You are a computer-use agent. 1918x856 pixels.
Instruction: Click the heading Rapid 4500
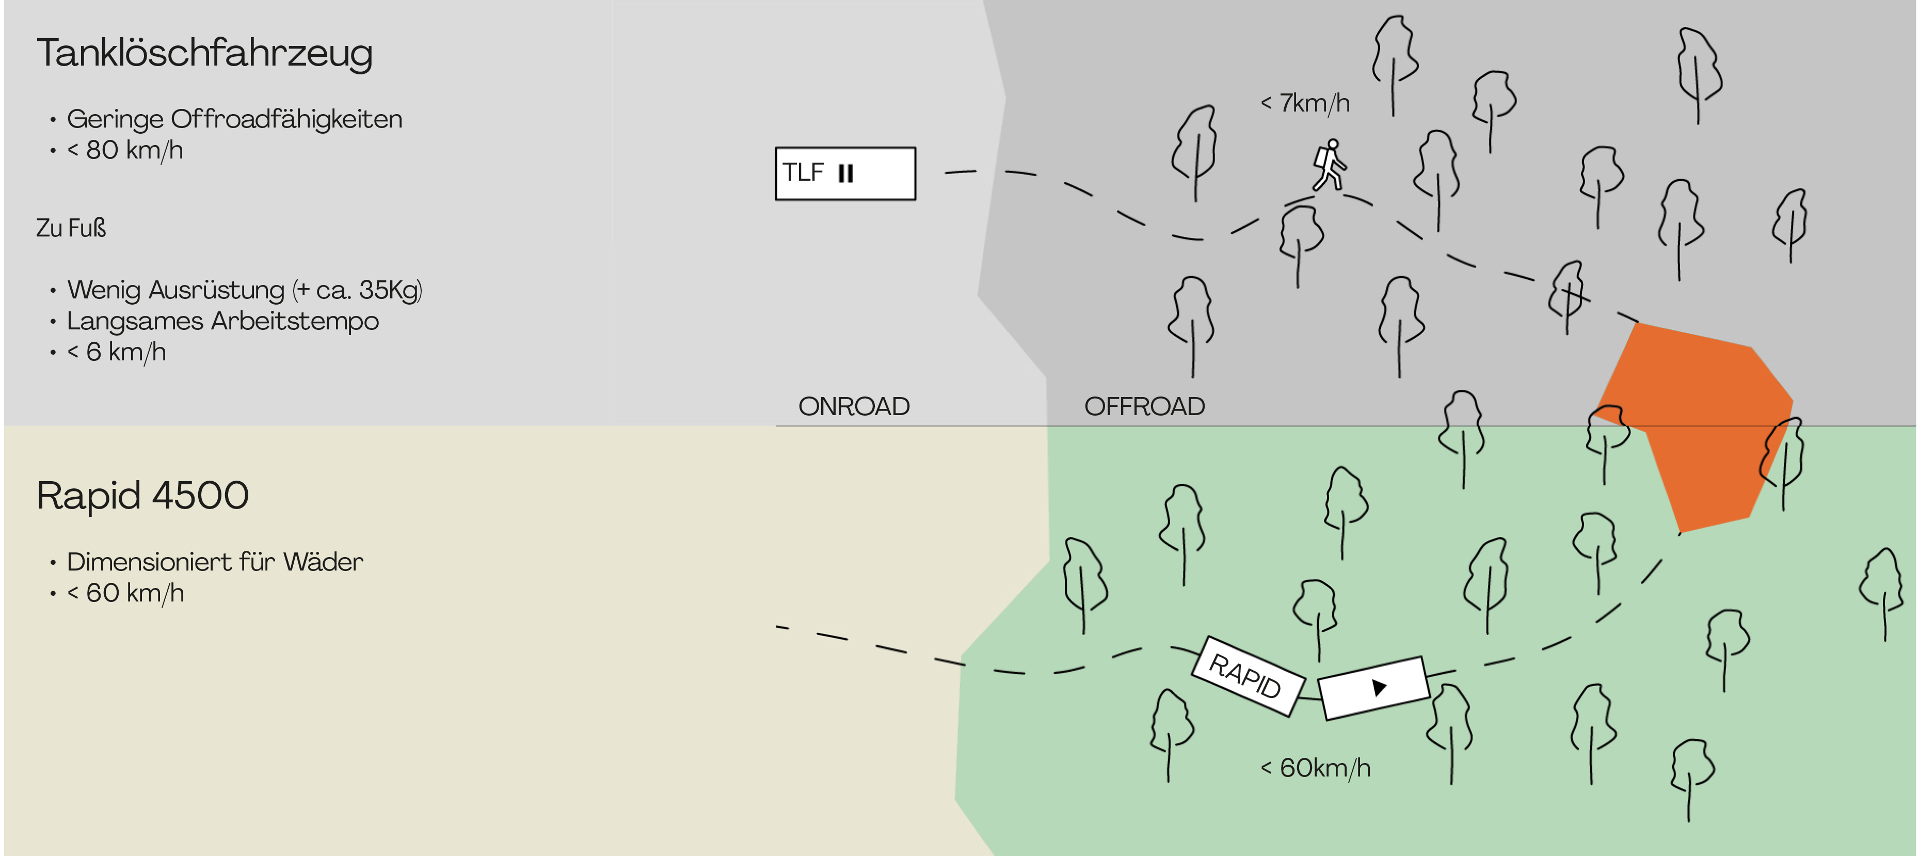[142, 496]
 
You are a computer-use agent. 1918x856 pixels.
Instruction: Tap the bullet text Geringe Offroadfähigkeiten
[234, 119]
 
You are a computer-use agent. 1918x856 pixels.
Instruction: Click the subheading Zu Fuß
[71, 228]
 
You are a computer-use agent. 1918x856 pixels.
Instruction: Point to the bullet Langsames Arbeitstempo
[222, 321]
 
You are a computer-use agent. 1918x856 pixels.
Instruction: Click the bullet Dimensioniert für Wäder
[214, 562]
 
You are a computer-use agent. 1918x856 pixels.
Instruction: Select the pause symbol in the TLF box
[845, 173]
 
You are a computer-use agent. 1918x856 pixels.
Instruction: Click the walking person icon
[1329, 165]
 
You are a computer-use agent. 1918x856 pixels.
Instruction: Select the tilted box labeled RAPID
[1247, 676]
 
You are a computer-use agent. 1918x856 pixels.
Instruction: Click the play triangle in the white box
[1378, 687]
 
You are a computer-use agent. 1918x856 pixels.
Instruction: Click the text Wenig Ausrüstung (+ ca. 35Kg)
[244, 290]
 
